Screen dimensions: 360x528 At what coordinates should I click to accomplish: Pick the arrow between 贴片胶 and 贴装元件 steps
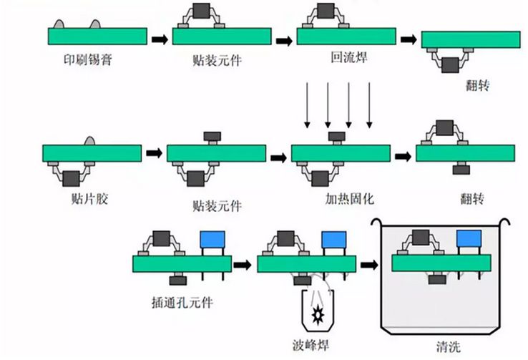tap(155, 152)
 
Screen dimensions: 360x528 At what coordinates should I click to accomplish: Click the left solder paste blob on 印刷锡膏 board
tap(60, 25)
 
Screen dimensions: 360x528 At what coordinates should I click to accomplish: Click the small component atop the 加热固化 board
tap(337, 136)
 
